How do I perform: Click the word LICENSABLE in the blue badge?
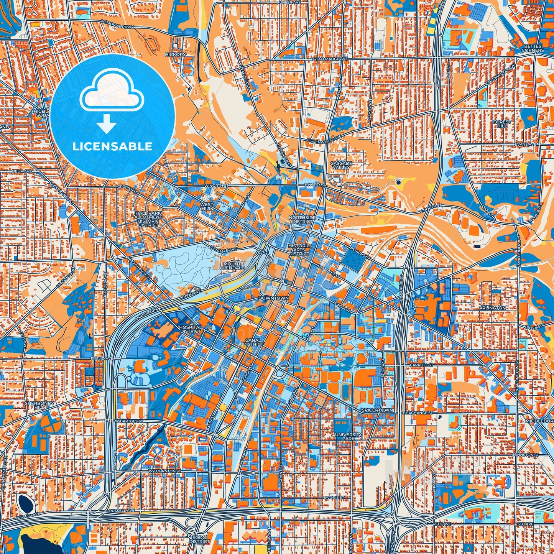coord(112,146)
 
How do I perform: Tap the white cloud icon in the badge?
coord(112,93)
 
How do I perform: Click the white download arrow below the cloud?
coord(107,124)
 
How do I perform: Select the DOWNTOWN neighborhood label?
coord(273,298)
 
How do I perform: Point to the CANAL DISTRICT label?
coord(253,342)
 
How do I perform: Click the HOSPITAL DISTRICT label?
coord(190,329)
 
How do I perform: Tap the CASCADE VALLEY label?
coord(341,165)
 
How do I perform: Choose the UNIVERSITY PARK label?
coord(348,436)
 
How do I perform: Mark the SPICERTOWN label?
coord(377,410)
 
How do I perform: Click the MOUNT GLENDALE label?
coord(232,266)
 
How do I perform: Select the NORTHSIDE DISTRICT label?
coord(302,219)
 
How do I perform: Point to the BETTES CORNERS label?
coord(533,48)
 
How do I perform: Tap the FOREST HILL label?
coord(502,123)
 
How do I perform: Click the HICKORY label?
coord(175,54)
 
